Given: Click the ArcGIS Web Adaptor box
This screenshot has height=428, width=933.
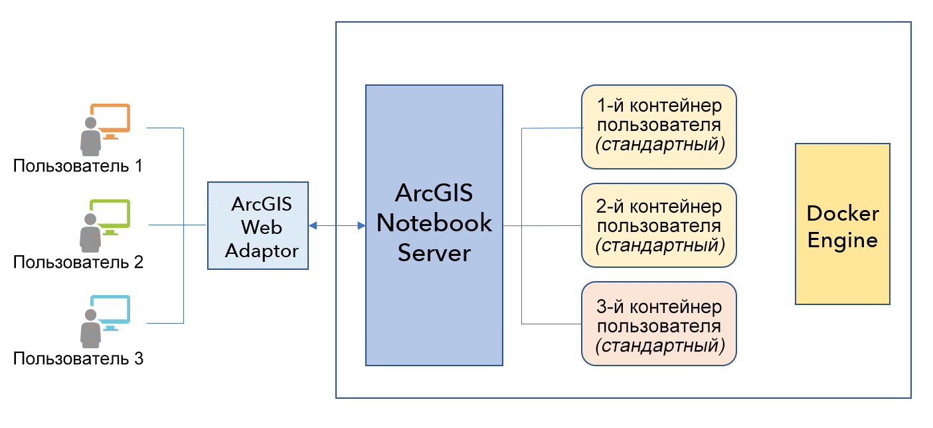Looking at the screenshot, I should coord(258,225).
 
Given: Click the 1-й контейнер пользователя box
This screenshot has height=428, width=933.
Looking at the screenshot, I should coord(659,126).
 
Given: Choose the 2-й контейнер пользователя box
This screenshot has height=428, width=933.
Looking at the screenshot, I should coord(659,226).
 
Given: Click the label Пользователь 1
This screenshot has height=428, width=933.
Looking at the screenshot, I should coord(78,165).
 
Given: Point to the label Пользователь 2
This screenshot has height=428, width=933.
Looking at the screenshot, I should coord(78,262).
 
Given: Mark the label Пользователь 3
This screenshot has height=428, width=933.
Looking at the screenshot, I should coord(78,359).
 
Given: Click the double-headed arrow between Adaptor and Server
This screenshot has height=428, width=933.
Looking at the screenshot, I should coord(337,226).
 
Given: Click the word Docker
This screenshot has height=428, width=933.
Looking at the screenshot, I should coord(843,214).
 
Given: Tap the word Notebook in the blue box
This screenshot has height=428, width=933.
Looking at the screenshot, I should coord(434,223).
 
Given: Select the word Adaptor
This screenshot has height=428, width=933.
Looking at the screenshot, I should coord(262,251).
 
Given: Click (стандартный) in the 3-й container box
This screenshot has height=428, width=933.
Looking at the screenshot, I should coord(659,346).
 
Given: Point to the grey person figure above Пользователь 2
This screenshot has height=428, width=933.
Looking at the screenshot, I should coord(90,229).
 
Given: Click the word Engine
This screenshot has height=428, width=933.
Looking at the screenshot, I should coord(843,239).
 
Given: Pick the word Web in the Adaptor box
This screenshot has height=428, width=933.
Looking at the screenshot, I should coord(262,227).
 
